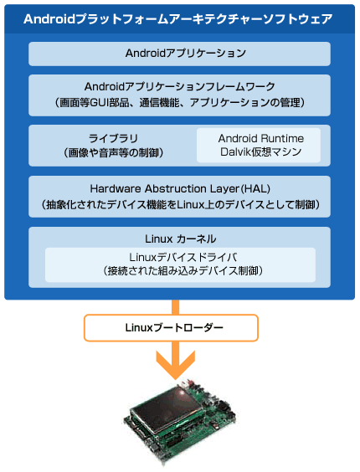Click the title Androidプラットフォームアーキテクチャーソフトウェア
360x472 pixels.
point(178,19)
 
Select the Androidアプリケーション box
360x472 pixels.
point(179,54)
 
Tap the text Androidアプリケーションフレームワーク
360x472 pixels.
point(179,87)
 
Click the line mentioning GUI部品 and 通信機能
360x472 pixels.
point(179,103)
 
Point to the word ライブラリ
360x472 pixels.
point(113,138)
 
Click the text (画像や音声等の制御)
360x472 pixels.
point(113,153)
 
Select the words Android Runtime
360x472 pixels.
point(261,138)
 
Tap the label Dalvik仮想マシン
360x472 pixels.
point(261,151)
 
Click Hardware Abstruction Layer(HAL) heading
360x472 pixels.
point(180,189)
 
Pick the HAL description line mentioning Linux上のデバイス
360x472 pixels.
point(180,205)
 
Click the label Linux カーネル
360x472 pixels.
point(181,239)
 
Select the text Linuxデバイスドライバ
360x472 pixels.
point(183,258)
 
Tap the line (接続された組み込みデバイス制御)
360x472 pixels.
point(183,271)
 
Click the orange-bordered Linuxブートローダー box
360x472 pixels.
point(171,328)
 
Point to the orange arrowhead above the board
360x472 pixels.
point(176,365)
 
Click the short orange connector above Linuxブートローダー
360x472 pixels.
point(175,307)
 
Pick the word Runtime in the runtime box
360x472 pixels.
point(282,138)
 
